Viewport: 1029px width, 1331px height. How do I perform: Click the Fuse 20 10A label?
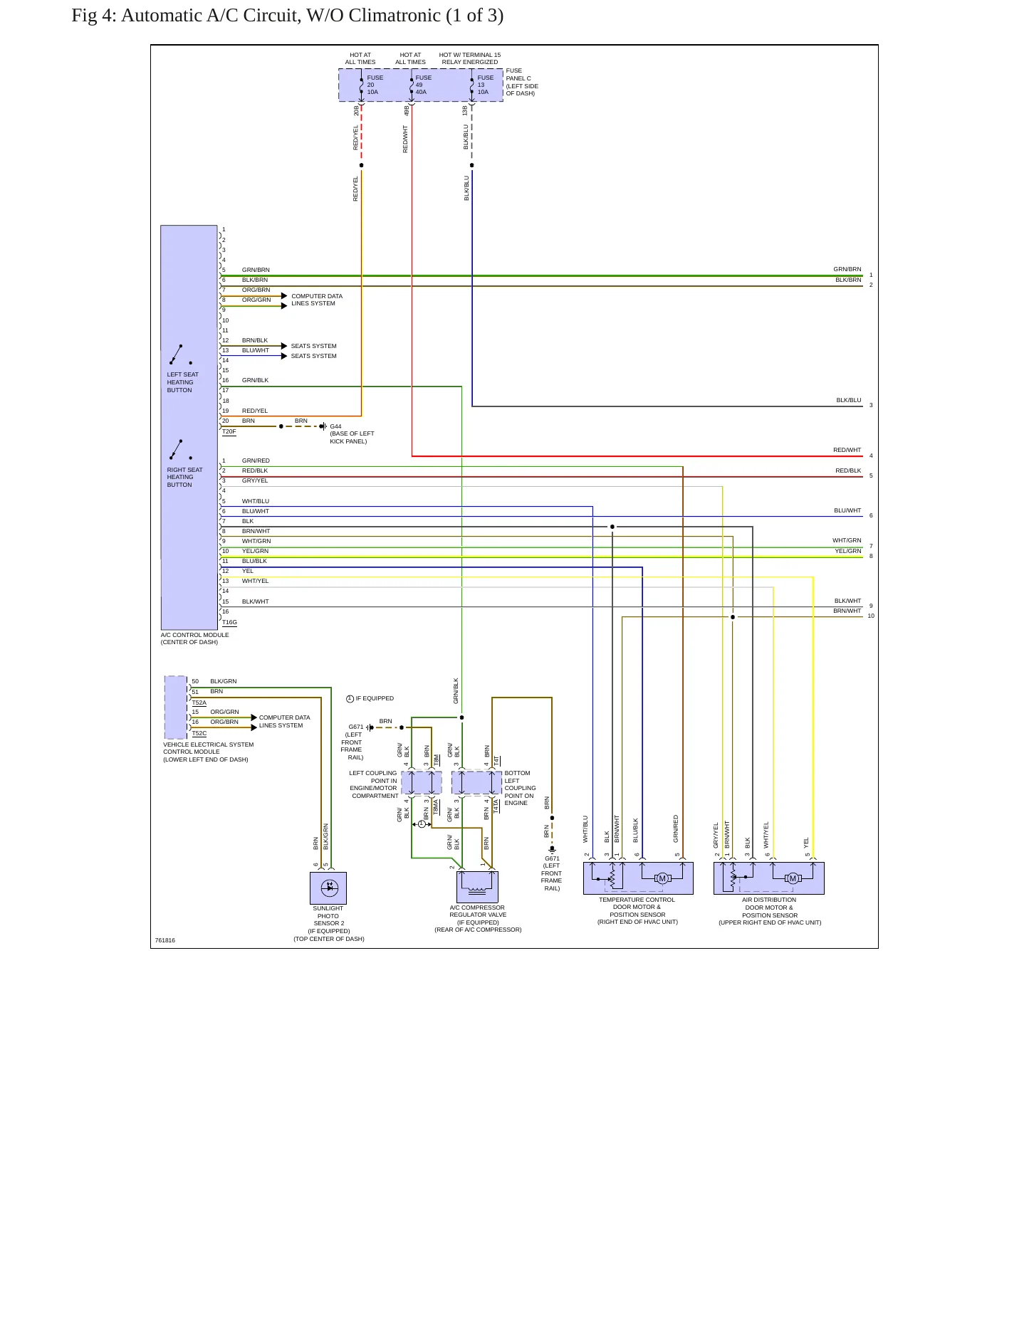pyautogui.click(x=375, y=85)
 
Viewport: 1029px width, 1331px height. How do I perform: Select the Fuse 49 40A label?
pyautogui.click(x=423, y=85)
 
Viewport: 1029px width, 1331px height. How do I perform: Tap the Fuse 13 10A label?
pyautogui.click(x=485, y=85)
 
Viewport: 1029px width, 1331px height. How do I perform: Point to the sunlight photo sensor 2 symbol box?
pyautogui.click(x=328, y=888)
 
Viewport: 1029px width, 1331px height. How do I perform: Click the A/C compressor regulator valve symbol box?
pyautogui.click(x=477, y=888)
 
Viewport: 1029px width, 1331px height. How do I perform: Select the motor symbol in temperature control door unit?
pyautogui.click(x=662, y=878)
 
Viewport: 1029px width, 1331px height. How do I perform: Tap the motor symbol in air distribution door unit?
pyautogui.click(x=793, y=878)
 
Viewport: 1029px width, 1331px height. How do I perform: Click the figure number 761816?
pyautogui.click(x=165, y=940)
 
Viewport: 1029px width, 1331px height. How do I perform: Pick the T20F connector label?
pyautogui.click(x=229, y=431)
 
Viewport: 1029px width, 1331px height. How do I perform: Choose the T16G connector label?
pyautogui.click(x=229, y=622)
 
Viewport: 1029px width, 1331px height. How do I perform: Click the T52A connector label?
pyautogui.click(x=199, y=703)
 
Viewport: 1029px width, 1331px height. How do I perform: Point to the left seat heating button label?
pyautogui.click(x=183, y=382)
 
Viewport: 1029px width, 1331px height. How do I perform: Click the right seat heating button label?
pyautogui.click(x=184, y=477)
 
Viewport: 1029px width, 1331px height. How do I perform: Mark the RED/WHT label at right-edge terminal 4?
pyautogui.click(x=847, y=450)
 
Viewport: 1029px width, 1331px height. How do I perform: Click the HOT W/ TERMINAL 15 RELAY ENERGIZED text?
pyautogui.click(x=470, y=58)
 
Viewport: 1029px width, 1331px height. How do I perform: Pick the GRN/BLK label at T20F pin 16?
pyautogui.click(x=255, y=380)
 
